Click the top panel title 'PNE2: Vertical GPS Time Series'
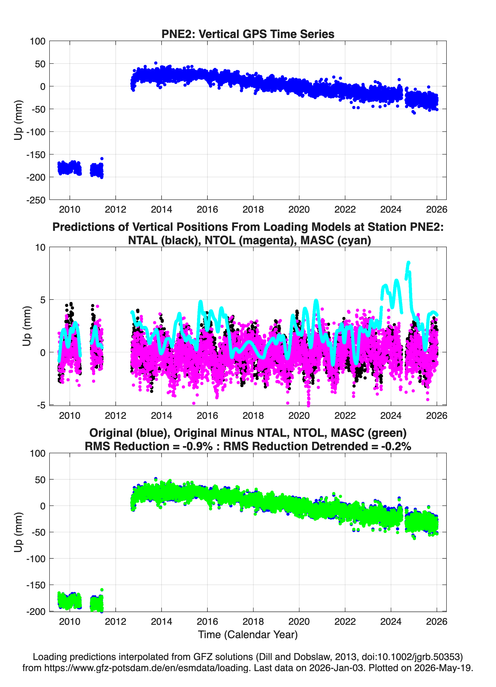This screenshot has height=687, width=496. (248, 34)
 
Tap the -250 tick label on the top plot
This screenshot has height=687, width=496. (36, 200)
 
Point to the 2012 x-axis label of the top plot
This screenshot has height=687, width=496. (115, 209)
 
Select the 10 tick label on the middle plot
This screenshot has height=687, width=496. (40, 247)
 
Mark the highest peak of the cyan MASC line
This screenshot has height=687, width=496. (408, 262)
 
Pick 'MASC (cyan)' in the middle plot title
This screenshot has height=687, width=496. (336, 240)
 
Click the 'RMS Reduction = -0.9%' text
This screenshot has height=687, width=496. (149, 446)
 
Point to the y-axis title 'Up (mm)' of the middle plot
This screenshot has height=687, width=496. (27, 326)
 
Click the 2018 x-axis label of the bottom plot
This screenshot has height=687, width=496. (253, 622)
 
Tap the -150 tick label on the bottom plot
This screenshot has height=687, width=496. (36, 585)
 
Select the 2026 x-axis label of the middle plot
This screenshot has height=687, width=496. (437, 415)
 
